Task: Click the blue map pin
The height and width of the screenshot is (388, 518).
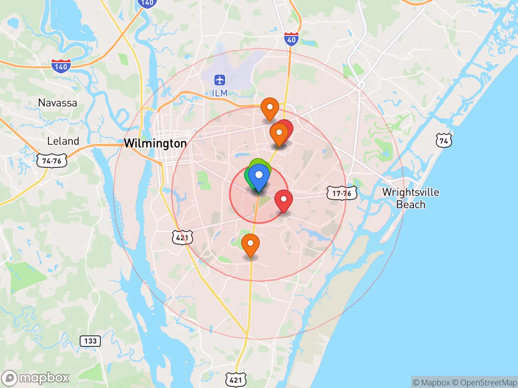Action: point(259,176)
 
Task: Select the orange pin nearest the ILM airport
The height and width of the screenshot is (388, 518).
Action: point(270,108)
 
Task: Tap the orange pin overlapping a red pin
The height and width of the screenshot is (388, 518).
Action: point(279,133)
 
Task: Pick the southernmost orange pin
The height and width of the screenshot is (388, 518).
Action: point(251,244)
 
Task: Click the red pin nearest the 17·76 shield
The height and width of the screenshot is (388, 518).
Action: point(284,200)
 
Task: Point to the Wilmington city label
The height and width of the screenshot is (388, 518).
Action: point(155,143)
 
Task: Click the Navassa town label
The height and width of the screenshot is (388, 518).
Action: point(57,103)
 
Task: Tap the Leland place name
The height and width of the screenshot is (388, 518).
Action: point(63,141)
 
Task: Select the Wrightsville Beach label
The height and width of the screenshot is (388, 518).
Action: point(411,198)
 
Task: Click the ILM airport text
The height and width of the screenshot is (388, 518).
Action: point(220,93)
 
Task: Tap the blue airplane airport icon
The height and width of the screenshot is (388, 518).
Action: point(220,80)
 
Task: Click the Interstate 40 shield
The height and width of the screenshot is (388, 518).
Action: point(291,39)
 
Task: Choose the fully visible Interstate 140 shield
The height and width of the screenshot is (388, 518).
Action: point(61,66)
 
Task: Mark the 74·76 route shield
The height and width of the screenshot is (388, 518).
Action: point(52,161)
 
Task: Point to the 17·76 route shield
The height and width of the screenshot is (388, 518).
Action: point(342,193)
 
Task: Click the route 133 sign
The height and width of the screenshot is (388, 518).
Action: point(90,341)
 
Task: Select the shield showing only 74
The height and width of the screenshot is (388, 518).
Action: point(444,141)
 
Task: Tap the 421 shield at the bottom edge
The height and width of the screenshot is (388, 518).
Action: point(236,380)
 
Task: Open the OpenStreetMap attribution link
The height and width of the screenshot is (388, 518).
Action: point(484,382)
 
